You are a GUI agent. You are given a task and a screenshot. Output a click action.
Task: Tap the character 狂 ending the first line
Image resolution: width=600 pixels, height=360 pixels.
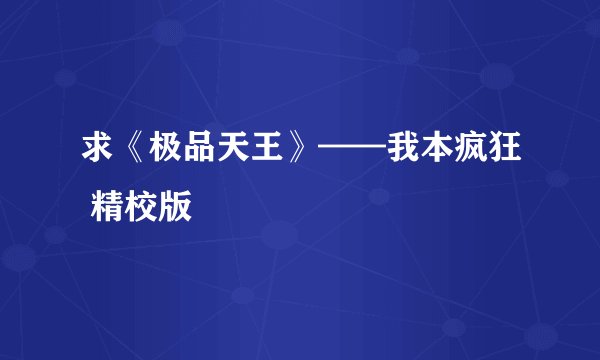(504, 152)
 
